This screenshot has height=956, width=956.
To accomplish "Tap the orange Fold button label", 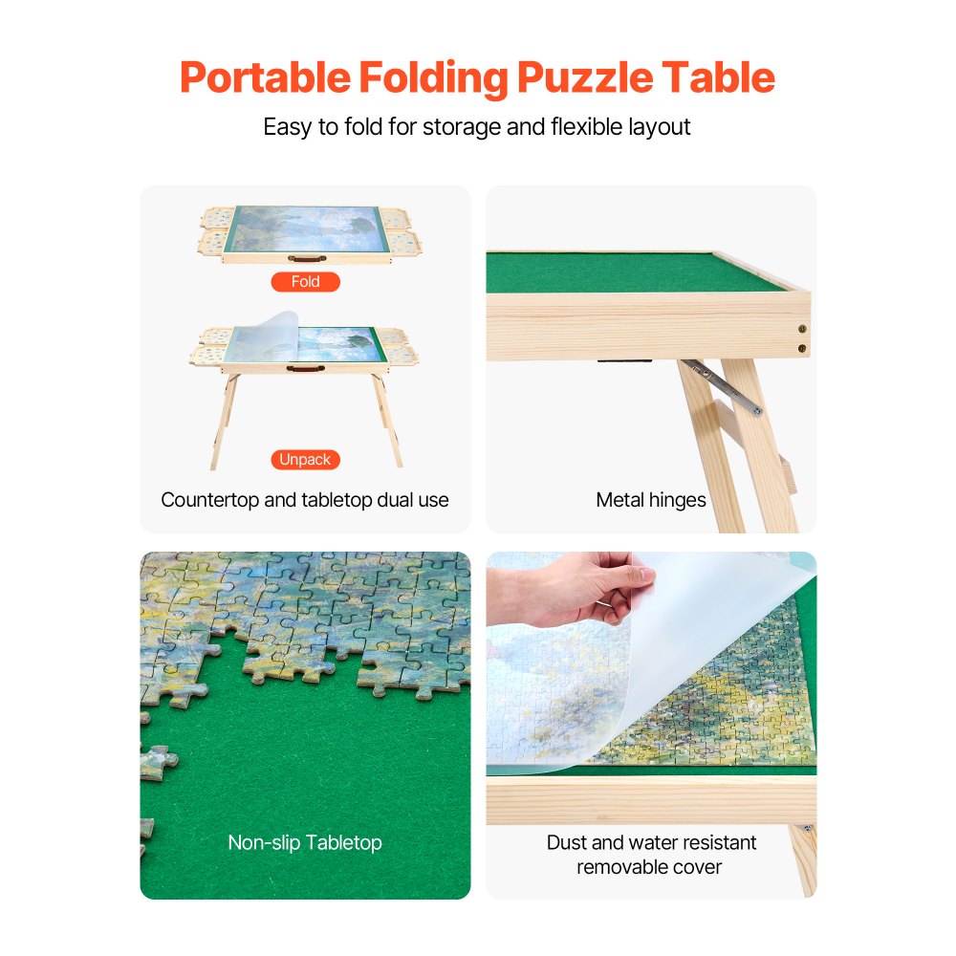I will [305, 282].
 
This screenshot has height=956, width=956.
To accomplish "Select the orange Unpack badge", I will [305, 460].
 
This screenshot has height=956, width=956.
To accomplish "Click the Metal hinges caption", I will [651, 500].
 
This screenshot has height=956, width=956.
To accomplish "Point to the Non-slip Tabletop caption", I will [305, 843].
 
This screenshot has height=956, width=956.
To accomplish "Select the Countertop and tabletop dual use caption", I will [305, 500].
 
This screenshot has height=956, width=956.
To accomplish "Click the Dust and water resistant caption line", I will [651, 843].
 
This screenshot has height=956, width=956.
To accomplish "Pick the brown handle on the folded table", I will [306, 257].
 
